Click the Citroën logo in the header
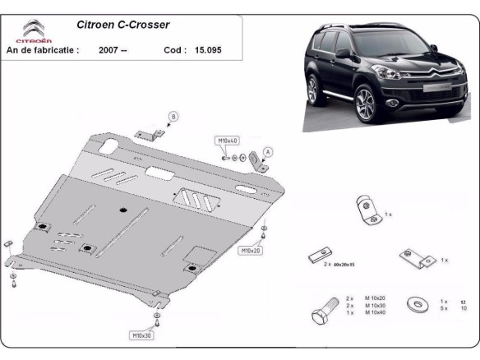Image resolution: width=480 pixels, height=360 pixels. click(x=32, y=30)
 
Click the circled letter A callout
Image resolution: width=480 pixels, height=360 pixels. click(x=268, y=150)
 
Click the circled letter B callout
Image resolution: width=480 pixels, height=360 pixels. click(x=173, y=116)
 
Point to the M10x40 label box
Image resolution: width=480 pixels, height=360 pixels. click(x=227, y=141)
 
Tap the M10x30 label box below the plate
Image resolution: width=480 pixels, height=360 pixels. click(x=142, y=335)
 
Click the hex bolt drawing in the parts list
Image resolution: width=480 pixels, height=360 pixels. click(x=323, y=312)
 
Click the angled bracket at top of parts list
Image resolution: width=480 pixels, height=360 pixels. click(x=365, y=211)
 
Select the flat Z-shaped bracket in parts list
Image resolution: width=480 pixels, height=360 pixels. click(x=415, y=259)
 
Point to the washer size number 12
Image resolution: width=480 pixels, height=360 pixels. click(x=463, y=302)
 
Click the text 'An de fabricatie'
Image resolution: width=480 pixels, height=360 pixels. click(x=43, y=50)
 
